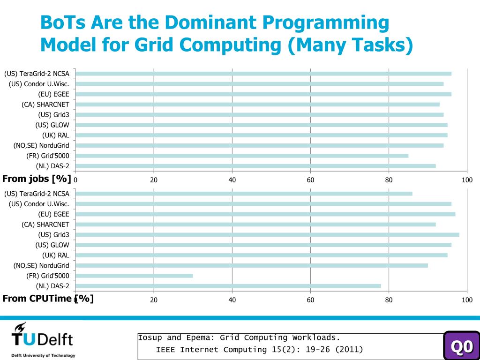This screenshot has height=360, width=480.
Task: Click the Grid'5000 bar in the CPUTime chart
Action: [134, 276]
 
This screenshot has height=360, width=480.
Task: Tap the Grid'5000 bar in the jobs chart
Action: [242, 156]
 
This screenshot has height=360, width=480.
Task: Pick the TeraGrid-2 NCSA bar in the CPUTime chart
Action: [244, 194]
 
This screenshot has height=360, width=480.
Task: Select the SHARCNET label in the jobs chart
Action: [45, 105]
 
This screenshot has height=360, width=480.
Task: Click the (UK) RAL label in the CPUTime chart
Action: [55, 255]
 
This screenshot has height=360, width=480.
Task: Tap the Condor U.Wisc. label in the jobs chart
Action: [39, 84]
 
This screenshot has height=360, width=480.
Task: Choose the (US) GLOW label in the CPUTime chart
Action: [52, 245]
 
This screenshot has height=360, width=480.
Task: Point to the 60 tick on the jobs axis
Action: [310, 180]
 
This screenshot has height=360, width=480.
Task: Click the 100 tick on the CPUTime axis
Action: [467, 300]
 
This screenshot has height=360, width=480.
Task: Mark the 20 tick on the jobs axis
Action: [154, 180]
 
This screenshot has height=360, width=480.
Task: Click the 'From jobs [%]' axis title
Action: [37, 179]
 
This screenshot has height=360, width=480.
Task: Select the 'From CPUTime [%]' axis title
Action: [48, 299]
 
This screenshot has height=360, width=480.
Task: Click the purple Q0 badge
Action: [462, 346]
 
